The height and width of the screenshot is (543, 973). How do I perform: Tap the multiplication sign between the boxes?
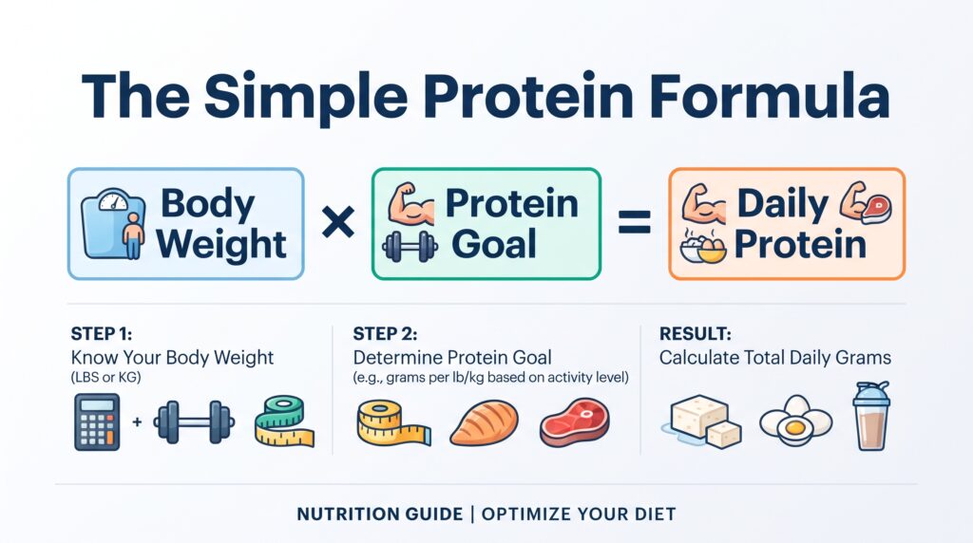pos(338,222)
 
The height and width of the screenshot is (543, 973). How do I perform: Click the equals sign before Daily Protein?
pos(635,223)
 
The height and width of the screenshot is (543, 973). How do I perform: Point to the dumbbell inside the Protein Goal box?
pos(410,246)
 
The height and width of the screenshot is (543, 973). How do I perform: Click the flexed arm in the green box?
pos(410,203)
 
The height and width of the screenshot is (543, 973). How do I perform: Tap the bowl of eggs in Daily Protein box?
pos(703,247)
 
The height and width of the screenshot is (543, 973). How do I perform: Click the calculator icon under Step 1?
pos(97,422)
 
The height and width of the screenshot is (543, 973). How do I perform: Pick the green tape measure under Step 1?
pos(284,421)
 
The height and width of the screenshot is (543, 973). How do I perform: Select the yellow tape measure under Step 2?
pos(393,422)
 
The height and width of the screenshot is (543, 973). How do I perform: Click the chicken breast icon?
pos(484,422)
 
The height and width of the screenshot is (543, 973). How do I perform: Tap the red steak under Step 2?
pos(575,422)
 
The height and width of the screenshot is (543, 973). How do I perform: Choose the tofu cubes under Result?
pos(703,421)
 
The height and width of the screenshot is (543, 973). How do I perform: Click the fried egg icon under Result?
pos(795,421)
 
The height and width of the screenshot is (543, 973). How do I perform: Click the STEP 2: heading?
pos(385,334)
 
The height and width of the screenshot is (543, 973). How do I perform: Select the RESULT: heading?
pos(695,334)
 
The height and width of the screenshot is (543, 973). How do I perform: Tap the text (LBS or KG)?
pos(106,377)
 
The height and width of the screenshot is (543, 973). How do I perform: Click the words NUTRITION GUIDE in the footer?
pos(380,515)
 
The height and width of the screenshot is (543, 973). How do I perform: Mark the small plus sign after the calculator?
pos(137,422)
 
